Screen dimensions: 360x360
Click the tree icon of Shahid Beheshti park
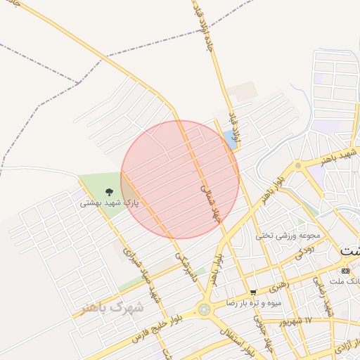pyautogui.click(x=109, y=191)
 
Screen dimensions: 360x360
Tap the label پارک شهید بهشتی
pyautogui.click(x=109, y=202)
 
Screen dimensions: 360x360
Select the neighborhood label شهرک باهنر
pyautogui.click(x=111, y=307)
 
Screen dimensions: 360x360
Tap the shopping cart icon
pyautogui.click(x=253, y=292)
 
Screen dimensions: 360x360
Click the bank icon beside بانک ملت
pyautogui.click(x=345, y=271)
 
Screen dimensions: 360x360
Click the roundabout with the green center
pyautogui.click(x=205, y=309)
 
